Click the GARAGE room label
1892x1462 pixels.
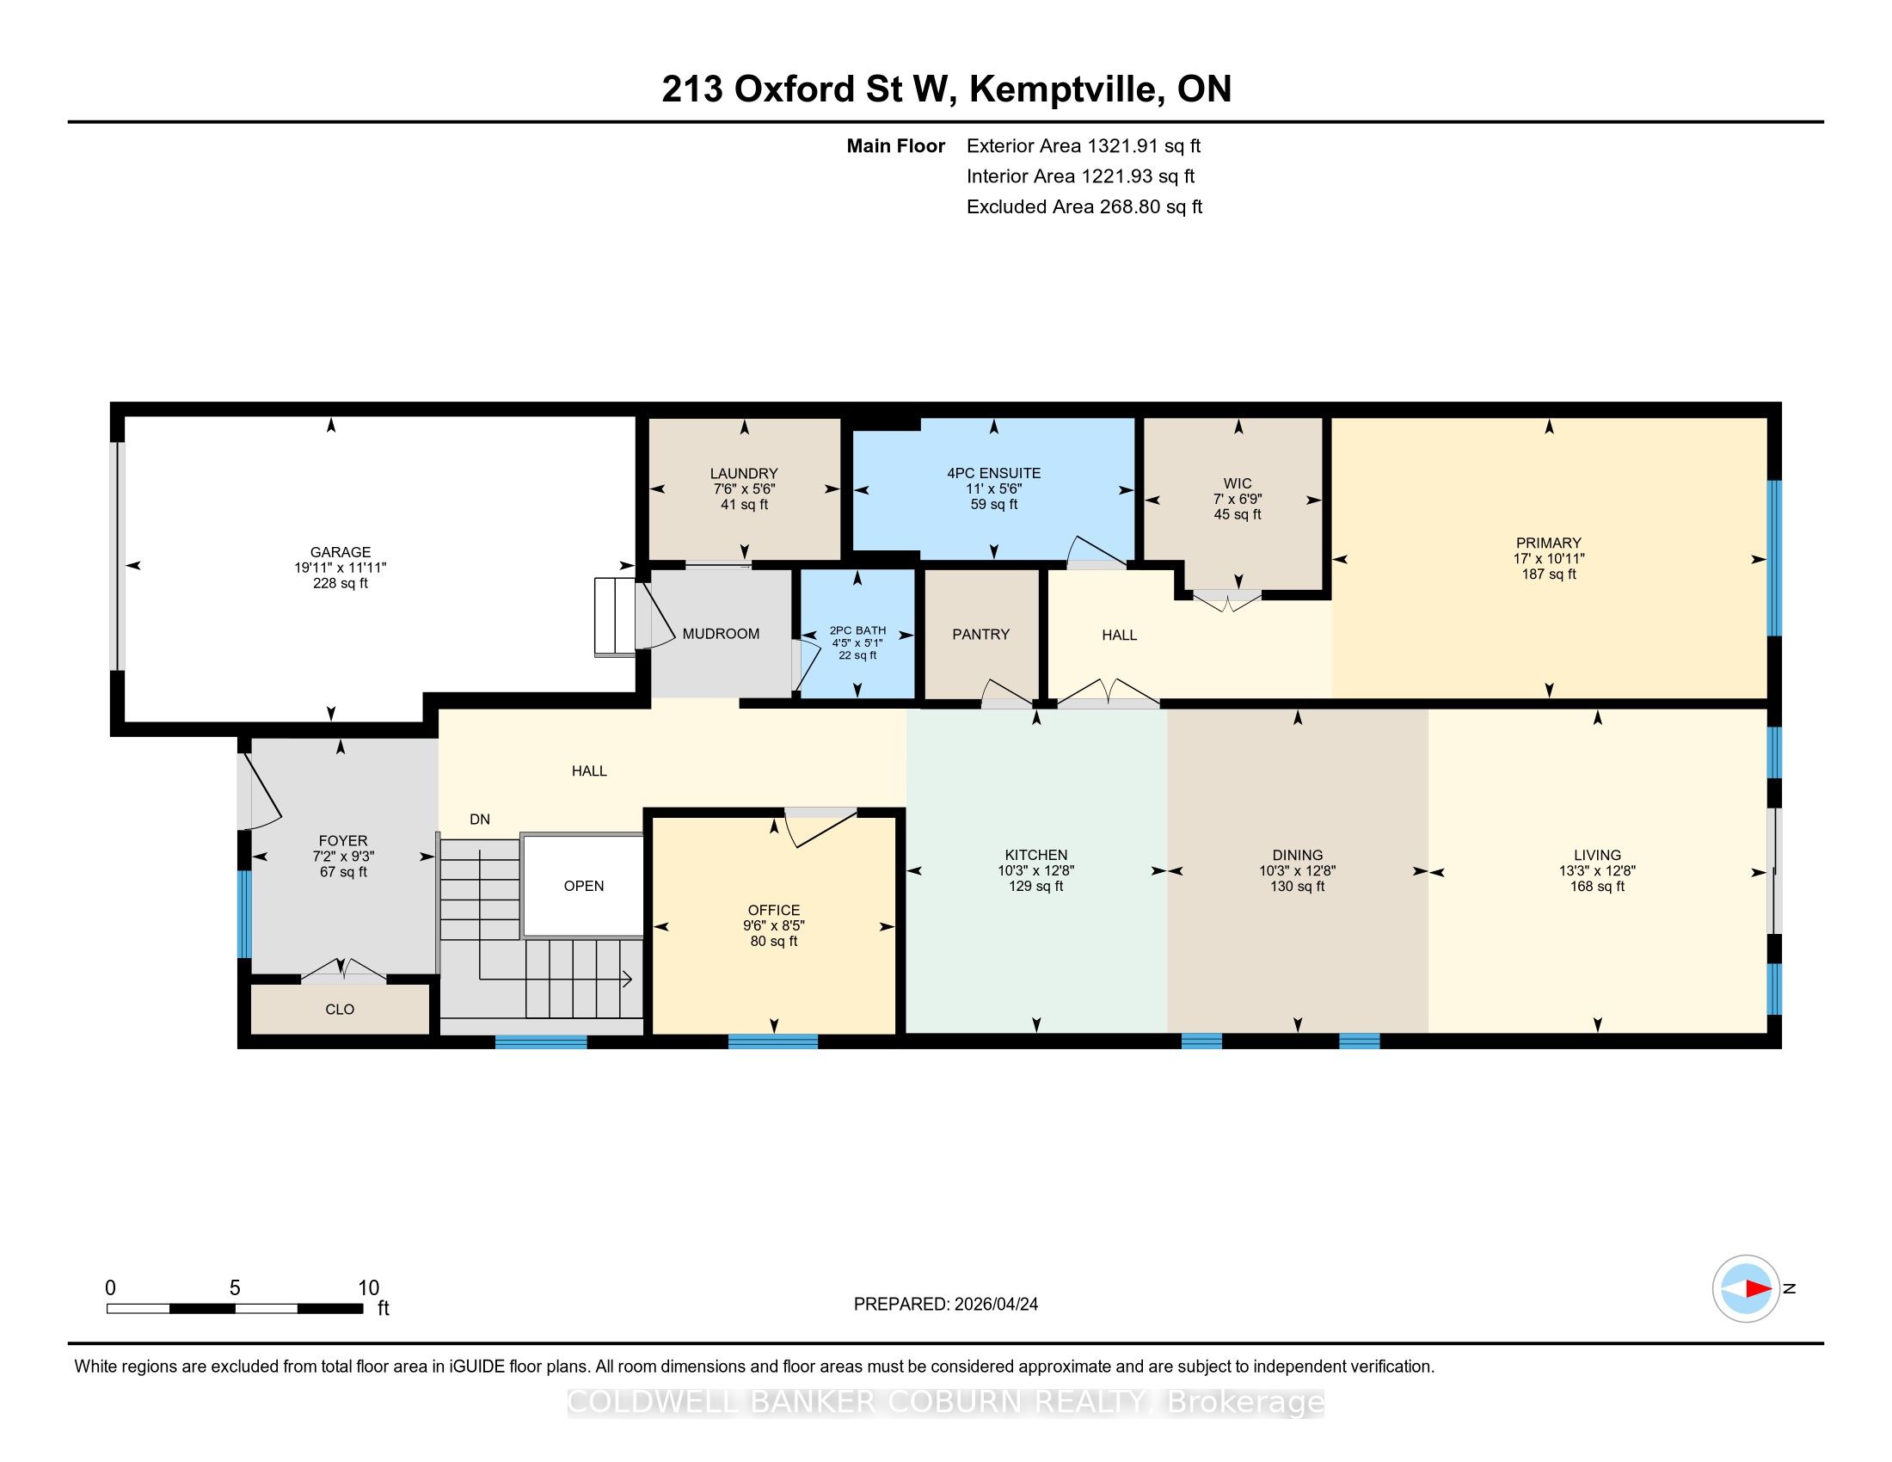tap(341, 552)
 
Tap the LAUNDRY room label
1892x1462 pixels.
tap(744, 473)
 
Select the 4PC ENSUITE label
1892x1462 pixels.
tap(993, 473)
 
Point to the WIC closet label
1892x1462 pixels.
tap(1238, 483)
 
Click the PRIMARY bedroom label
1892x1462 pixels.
tap(1549, 543)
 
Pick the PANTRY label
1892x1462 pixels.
tap(980, 634)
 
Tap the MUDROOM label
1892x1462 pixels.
tap(721, 633)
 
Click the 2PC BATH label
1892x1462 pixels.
tap(857, 630)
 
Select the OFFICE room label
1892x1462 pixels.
tap(774, 909)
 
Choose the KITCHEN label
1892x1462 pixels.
tap(1036, 855)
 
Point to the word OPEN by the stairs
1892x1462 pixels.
tap(584, 885)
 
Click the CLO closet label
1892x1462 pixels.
tap(340, 1009)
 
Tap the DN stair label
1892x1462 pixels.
tap(480, 819)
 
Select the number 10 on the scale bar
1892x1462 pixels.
tap(369, 1288)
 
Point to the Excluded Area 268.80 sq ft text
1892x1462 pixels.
tap(1084, 206)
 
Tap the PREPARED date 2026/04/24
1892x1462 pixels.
tap(994, 1305)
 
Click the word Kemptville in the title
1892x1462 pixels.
tap(1066, 89)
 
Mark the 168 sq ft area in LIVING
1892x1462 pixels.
tap(1598, 886)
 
